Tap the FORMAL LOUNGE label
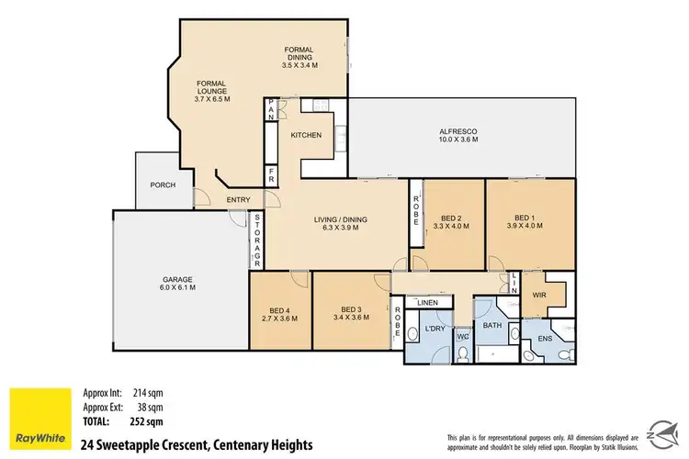pyautogui.click(x=209, y=89)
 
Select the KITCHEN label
pyautogui.click(x=306, y=136)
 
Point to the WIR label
pyautogui.click(x=538, y=294)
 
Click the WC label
pyautogui.click(x=463, y=337)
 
